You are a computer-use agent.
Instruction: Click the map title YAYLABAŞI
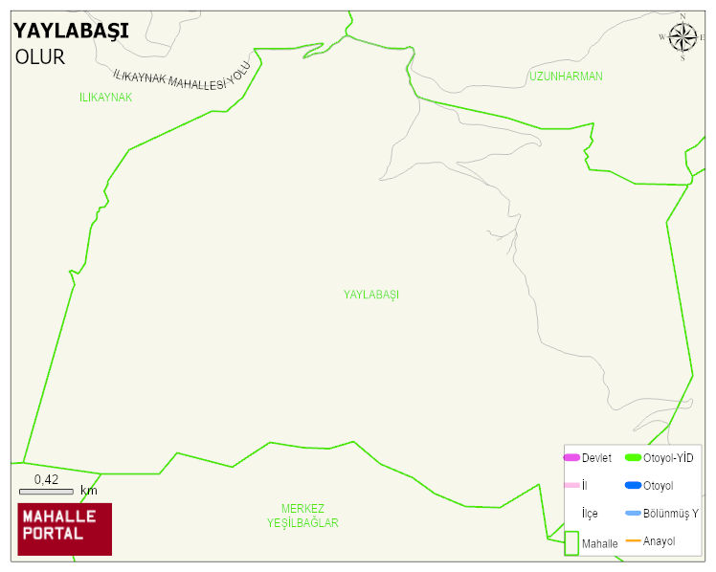(x=71, y=31)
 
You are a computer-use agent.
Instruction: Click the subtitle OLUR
(x=40, y=57)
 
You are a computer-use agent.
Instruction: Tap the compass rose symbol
(x=682, y=37)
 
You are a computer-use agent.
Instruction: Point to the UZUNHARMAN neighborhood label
(x=566, y=77)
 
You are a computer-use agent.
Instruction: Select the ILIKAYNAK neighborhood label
(x=106, y=98)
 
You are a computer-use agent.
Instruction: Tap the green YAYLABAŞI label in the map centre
(x=371, y=295)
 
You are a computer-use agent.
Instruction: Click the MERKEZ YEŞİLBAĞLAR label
(x=302, y=517)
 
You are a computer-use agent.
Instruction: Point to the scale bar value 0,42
(x=47, y=479)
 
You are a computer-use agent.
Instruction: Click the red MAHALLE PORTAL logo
(x=65, y=529)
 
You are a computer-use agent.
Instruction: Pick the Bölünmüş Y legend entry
(x=661, y=514)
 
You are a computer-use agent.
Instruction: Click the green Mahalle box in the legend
(x=572, y=542)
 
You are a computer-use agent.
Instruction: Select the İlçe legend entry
(x=589, y=514)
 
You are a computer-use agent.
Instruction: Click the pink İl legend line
(x=572, y=486)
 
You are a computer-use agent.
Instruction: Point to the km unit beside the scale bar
(x=89, y=491)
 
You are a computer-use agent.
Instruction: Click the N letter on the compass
(x=682, y=16)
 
